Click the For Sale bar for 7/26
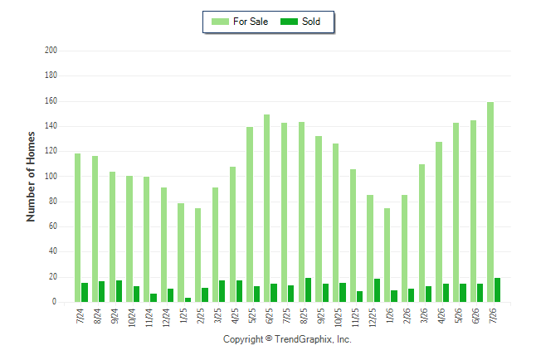490,202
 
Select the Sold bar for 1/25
188,299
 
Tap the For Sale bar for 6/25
266,208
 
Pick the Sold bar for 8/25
308,290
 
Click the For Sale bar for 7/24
78,227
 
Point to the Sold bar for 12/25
377,290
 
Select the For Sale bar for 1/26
387,255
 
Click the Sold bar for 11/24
153,298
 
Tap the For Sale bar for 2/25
198,255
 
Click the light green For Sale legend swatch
220,22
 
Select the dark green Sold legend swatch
289,22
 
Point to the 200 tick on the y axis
51,51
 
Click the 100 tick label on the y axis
51,177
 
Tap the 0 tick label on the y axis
54,302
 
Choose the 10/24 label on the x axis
132,318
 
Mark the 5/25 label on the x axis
252,315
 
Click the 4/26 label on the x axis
441,315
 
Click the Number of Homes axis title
31,177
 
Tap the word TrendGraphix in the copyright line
303,339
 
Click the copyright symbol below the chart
269,338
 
